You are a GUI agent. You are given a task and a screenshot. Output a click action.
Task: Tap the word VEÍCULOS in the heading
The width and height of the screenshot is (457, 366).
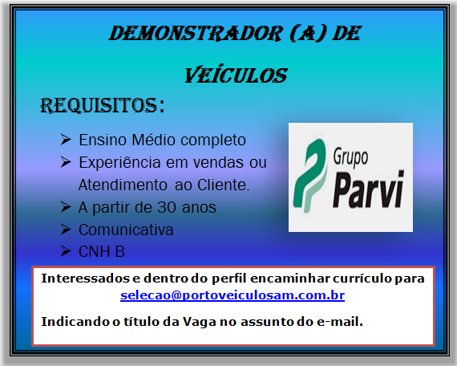click(x=236, y=75)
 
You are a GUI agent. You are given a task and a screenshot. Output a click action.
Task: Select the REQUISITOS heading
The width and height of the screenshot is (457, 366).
click(x=102, y=105)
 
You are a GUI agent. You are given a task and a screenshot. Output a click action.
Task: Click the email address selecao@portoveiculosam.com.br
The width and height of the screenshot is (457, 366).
click(x=233, y=295)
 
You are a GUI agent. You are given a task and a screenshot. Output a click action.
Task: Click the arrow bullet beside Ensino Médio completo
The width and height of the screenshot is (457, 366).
click(x=67, y=140)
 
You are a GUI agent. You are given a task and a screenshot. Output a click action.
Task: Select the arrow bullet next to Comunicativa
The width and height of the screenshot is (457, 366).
click(x=67, y=230)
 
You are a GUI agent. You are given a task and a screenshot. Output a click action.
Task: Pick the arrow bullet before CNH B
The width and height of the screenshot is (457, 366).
click(x=67, y=252)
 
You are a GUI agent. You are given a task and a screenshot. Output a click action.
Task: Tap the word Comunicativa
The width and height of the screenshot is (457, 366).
click(x=126, y=230)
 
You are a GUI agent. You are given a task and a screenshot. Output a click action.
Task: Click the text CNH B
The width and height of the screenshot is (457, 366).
click(x=102, y=252)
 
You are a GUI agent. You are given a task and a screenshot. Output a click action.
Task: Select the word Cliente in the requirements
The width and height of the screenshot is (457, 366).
click(x=226, y=185)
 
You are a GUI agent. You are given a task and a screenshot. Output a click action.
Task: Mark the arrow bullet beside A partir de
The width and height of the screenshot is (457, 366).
click(x=67, y=207)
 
